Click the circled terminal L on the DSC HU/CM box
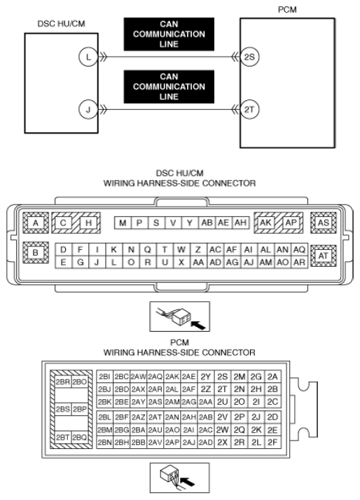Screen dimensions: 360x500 [88, 57]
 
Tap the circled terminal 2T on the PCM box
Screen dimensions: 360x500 [249, 110]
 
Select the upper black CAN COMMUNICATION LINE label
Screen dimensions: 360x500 [169, 34]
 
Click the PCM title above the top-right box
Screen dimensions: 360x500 [287, 10]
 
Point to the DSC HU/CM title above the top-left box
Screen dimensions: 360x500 [61, 24]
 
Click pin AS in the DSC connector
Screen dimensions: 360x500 [324, 223]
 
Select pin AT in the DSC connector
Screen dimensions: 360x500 [324, 256]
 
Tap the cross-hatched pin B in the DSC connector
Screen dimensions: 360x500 [36, 253]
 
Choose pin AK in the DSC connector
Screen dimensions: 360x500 [265, 223]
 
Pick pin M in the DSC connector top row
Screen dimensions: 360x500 [123, 223]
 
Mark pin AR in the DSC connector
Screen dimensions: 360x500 [299, 263]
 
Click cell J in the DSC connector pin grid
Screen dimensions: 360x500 [97, 263]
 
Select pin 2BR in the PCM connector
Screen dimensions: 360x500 [63, 382]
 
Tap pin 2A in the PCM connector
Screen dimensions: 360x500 [272, 377]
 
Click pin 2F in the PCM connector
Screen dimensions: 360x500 [272, 443]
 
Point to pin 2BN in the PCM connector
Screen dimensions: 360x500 [104, 443]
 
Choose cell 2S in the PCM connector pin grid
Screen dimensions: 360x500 [222, 377]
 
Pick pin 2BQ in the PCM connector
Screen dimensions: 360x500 [79, 437]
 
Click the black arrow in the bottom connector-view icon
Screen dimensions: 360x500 [187, 481]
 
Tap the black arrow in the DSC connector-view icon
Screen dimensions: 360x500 [198, 326]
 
